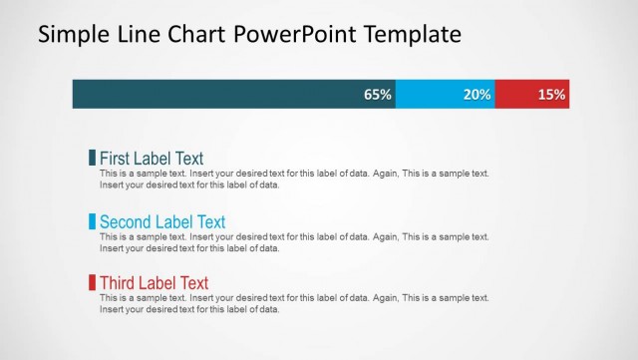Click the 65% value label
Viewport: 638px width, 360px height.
[378, 95]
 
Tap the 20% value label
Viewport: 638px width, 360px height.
[478, 95]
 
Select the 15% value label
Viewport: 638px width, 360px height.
[551, 95]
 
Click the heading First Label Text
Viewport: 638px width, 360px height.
[152, 158]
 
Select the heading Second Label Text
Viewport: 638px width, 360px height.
[162, 221]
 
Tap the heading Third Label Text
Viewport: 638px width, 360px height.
[155, 283]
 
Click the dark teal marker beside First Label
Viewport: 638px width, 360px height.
[93, 158]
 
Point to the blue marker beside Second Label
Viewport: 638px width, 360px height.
[93, 221]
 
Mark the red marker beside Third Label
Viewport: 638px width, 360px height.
[93, 283]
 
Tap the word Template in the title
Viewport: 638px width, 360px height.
[411, 35]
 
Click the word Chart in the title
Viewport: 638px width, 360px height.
[196, 35]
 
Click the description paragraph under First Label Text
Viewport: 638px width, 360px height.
[294, 179]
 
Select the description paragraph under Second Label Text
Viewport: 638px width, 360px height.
[294, 242]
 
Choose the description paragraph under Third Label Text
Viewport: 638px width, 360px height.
[294, 304]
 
